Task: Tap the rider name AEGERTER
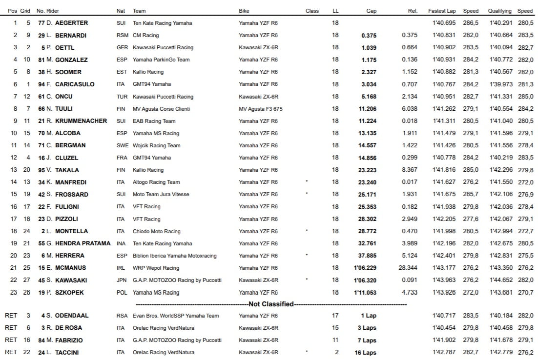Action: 72,23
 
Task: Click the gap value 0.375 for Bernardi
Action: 369,35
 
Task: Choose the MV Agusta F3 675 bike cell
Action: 261,109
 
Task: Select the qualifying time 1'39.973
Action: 499,84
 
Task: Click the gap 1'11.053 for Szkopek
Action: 365,292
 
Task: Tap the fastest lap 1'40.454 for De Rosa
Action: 443,328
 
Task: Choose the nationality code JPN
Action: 122,280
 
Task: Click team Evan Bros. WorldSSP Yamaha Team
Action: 176,316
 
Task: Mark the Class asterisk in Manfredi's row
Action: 306,182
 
